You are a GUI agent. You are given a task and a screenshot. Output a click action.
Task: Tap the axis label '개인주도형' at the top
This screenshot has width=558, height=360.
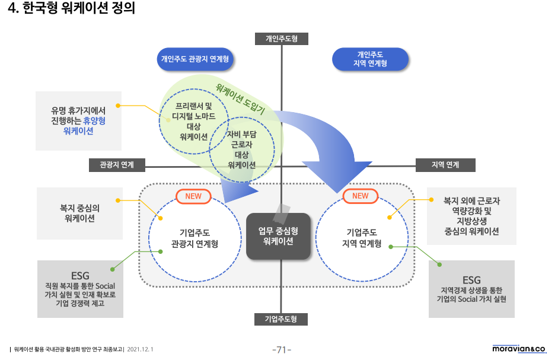[x=282, y=39]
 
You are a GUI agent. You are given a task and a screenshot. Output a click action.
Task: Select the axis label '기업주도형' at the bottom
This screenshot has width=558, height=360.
[x=282, y=319]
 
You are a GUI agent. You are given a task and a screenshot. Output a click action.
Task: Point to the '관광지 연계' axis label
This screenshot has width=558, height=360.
[x=117, y=165]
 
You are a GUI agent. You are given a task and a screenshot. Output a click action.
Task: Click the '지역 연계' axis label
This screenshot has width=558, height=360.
[x=445, y=165]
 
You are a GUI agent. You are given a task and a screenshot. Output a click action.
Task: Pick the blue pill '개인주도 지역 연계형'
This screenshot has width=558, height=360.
[x=370, y=59]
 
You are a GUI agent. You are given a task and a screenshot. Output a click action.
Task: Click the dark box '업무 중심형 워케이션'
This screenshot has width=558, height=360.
[x=278, y=236]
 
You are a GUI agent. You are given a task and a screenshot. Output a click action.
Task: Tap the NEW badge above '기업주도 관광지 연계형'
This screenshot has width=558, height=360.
[x=194, y=196]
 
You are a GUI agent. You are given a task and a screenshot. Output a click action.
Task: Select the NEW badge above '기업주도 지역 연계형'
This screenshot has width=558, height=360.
[x=360, y=196]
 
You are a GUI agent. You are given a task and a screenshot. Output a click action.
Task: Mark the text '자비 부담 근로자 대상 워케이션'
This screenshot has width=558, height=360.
[x=241, y=149]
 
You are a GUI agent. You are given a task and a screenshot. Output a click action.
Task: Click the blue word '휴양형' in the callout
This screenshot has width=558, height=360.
[x=94, y=120]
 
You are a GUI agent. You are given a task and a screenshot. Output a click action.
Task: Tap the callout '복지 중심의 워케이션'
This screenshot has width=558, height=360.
[x=79, y=213]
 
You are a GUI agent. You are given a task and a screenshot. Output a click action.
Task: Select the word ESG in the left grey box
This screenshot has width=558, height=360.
[x=80, y=276]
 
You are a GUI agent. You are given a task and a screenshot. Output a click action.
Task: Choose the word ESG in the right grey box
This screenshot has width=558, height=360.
[x=471, y=280]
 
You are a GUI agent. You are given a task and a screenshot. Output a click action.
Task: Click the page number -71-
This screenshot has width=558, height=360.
[x=282, y=350]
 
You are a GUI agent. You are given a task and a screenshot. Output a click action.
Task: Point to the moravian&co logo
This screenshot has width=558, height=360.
[x=519, y=349]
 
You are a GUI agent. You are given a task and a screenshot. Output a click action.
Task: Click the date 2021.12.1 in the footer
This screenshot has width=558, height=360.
[x=140, y=349]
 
